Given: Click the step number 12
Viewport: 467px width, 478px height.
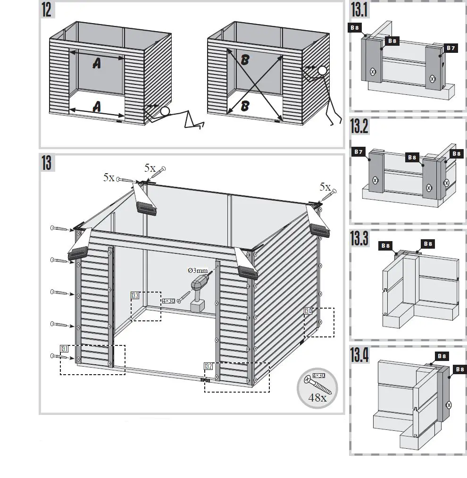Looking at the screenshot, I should (x=46, y=10).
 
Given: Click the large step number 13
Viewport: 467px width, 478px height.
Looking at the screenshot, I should (x=46, y=163).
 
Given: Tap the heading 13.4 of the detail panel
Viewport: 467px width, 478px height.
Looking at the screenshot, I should (x=359, y=354).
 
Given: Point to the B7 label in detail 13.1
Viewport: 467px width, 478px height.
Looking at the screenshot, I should (x=450, y=48).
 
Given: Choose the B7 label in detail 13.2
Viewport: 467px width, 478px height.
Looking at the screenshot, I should (x=359, y=152).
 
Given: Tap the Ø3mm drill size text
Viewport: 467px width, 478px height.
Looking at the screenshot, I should (x=197, y=270).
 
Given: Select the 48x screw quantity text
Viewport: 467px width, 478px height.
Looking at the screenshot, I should (x=317, y=397).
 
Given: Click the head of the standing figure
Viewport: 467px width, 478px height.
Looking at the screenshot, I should (x=322, y=71).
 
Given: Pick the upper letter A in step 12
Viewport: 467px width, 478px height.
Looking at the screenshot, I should (x=97, y=63).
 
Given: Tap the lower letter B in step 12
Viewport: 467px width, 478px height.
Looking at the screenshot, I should (x=244, y=106).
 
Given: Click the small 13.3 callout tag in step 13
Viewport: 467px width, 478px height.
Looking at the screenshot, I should (x=135, y=296).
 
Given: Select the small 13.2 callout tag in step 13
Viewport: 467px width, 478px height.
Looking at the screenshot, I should (x=208, y=366).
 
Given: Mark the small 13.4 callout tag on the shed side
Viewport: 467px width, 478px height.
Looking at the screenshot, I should (x=308, y=311).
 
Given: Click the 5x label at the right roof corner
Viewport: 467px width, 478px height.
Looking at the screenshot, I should (x=325, y=187).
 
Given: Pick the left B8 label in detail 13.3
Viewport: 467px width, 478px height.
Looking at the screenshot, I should (x=385, y=245).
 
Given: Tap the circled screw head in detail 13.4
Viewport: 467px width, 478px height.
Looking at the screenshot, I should (x=449, y=404).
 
